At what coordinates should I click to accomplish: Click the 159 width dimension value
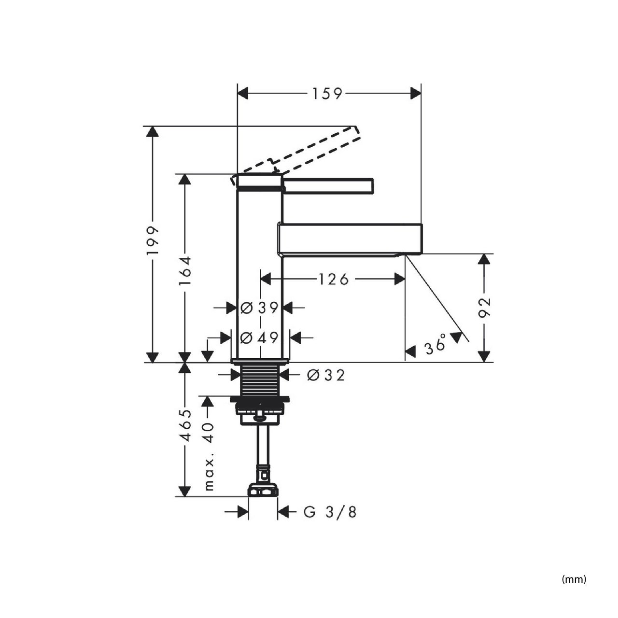click(x=327, y=94)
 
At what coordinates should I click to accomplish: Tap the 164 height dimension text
click(x=185, y=270)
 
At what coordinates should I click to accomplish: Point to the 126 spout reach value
click(x=334, y=279)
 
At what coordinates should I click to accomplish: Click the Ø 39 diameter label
click(x=259, y=308)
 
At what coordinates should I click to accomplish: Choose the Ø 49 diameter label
click(x=259, y=337)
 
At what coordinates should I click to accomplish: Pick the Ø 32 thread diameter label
click(x=326, y=375)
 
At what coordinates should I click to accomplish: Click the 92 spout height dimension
click(x=485, y=307)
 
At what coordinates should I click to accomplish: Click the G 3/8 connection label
click(x=330, y=512)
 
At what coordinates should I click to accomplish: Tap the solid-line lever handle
click(x=328, y=186)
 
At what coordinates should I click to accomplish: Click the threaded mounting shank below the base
click(x=260, y=380)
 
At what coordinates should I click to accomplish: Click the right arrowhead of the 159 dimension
click(x=416, y=94)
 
